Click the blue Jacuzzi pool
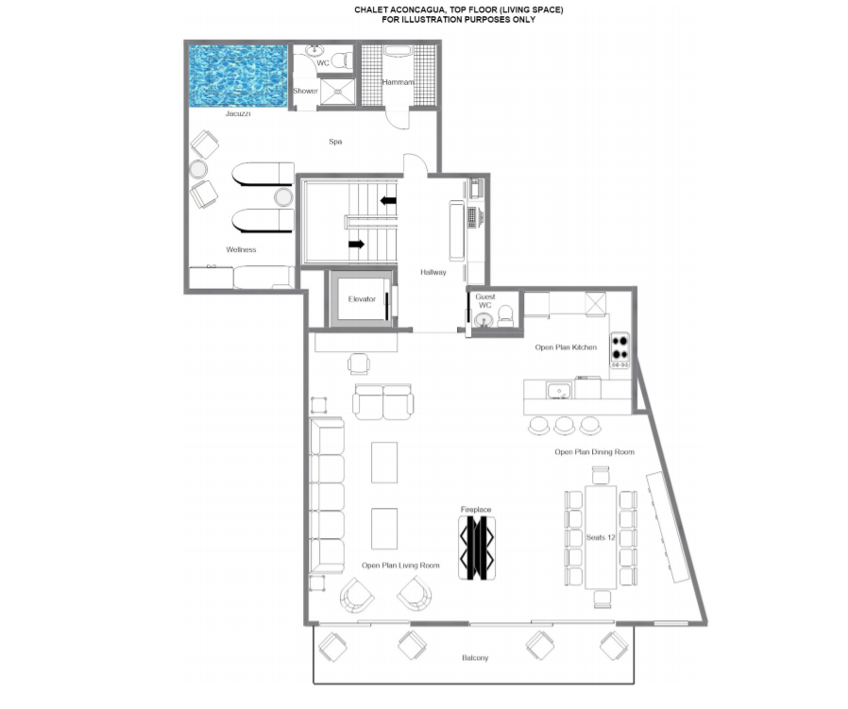pos(238,76)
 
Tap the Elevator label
pos(362,299)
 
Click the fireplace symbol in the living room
pos(477,548)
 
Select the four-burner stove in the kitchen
pos(619,350)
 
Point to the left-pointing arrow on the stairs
pos(388,201)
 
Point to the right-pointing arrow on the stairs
pos(356,244)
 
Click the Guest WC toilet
pos(505,316)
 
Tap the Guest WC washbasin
pos(484,321)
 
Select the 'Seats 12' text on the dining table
pos(601,537)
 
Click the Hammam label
pos(399,82)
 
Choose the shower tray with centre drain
pos(337,92)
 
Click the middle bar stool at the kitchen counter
pos(564,426)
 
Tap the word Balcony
pos(475,658)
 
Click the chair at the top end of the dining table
pos(601,476)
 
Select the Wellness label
pos(241,249)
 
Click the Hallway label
pos(433,272)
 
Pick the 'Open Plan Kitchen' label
pos(566,347)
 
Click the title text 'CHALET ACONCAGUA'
pos(399,9)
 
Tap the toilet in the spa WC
pos(340,59)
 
